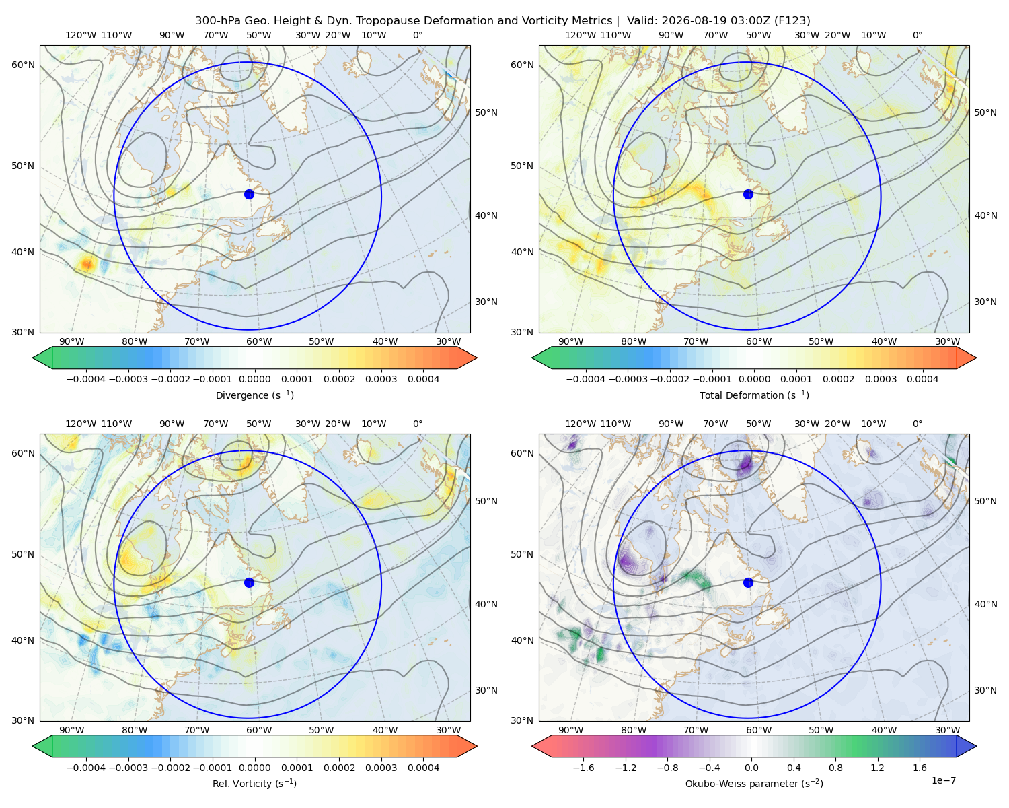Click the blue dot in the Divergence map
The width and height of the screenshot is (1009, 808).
(249, 194)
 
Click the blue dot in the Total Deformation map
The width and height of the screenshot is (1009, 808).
(748, 194)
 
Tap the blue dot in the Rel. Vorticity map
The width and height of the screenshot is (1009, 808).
(249, 582)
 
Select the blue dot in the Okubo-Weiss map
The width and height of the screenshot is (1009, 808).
(748, 582)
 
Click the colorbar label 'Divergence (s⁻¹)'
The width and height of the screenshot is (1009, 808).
(254, 395)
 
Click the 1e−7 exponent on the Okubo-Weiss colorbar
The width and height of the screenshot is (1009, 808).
(943, 780)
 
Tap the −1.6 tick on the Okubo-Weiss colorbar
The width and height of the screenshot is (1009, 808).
(583, 768)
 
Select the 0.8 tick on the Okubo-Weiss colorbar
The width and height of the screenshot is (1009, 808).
(835, 768)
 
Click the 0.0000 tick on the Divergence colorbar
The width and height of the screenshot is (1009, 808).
(254, 379)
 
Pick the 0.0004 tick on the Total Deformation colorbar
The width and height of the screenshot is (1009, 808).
(922, 379)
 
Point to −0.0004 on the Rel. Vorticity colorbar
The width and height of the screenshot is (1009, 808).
(86, 768)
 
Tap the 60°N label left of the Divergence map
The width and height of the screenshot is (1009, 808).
(23, 65)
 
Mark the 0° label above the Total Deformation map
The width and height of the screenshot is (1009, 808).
(918, 35)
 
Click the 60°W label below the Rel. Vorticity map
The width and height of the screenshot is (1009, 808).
(259, 730)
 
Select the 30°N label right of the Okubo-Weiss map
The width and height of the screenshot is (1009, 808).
(985, 690)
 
